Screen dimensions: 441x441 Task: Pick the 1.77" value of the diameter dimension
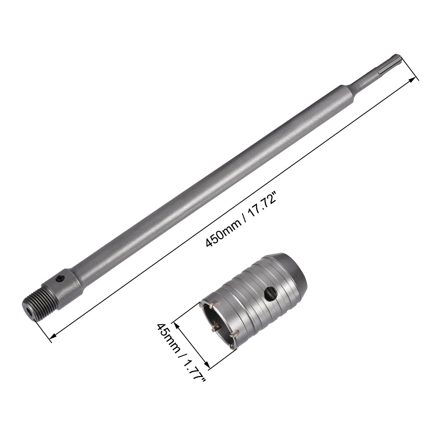[x=194, y=366]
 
